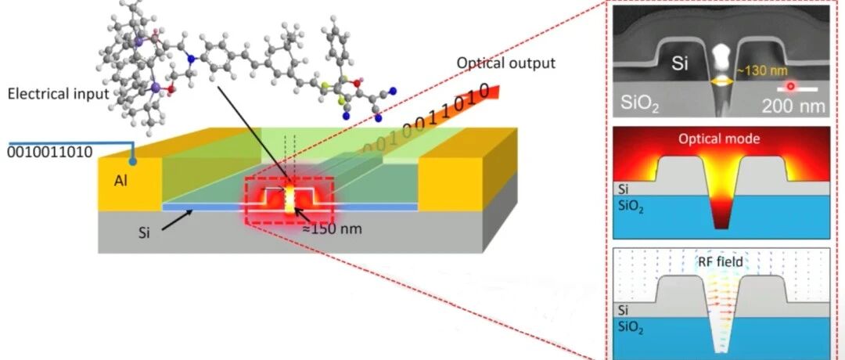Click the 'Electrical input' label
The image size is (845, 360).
(58, 94)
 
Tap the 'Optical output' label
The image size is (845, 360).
(506, 63)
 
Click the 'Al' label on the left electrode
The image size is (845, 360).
(120, 182)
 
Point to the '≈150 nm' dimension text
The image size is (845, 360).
(332, 229)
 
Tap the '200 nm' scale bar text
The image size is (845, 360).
(793, 106)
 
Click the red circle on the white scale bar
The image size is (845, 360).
(790, 86)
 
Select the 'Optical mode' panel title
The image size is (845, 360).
(719, 139)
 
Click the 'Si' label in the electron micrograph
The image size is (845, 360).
(680, 64)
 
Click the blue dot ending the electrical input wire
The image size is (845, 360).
(133, 161)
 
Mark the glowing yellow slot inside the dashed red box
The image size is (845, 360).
(290, 198)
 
